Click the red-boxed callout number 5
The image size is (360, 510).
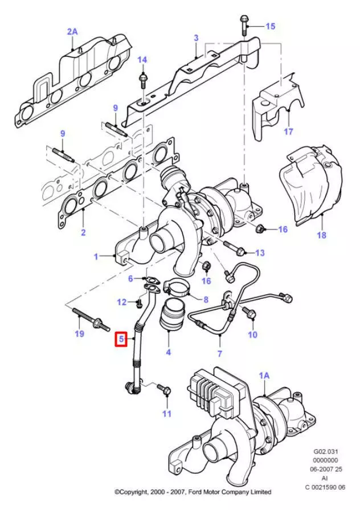pyautogui.click(x=121, y=340)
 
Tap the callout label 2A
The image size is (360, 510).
pyautogui.click(x=72, y=32)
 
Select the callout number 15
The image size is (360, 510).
pyautogui.click(x=270, y=26)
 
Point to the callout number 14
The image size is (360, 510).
pyautogui.click(x=142, y=60)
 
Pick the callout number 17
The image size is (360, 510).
pyautogui.click(x=288, y=131)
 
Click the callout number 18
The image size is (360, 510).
pyautogui.click(x=322, y=235)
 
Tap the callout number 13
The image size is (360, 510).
pyautogui.click(x=260, y=252)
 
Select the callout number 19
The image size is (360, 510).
pyautogui.click(x=79, y=334)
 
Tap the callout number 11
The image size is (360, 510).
pyautogui.click(x=166, y=414)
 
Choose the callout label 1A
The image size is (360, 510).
pyautogui.click(x=264, y=376)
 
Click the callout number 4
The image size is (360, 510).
pyautogui.click(x=169, y=352)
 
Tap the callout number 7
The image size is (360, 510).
pyautogui.click(x=220, y=353)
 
